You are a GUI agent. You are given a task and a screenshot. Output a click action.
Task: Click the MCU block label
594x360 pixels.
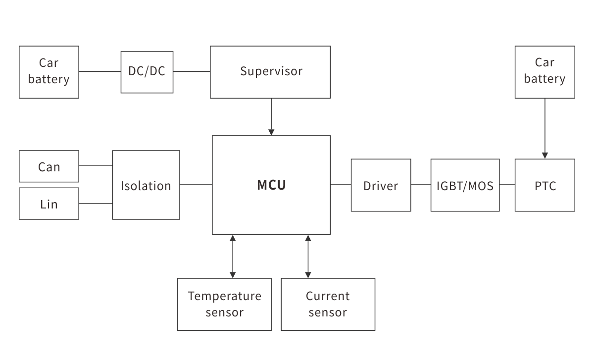[271, 185]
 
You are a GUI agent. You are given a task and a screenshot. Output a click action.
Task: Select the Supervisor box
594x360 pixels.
[270, 72]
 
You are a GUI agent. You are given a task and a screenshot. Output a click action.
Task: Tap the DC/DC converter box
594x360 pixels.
[147, 72]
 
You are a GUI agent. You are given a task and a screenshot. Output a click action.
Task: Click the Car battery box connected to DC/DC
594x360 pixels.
[49, 72]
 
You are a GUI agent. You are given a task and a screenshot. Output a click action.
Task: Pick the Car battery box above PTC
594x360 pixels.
[544, 72]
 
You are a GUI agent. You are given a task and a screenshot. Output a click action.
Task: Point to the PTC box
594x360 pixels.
[544, 185]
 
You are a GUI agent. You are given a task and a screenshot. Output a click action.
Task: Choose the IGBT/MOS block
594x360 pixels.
[465, 185]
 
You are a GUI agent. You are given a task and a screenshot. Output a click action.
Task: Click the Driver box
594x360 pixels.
[381, 185]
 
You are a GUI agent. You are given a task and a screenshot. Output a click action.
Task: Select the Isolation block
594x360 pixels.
[146, 185]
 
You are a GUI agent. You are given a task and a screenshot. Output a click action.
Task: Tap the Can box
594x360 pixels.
[49, 167]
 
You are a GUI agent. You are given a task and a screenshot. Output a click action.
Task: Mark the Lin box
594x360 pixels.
[49, 204]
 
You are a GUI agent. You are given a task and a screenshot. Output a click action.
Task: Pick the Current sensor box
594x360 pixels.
[328, 304]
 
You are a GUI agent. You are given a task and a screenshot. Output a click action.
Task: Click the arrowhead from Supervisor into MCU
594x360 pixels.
[271, 132]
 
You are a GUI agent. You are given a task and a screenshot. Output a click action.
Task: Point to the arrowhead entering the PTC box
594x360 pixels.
[545, 155]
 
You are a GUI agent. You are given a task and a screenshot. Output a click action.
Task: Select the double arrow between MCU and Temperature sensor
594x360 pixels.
[233, 256]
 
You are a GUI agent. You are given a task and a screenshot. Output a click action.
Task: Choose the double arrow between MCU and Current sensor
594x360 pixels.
[308, 256]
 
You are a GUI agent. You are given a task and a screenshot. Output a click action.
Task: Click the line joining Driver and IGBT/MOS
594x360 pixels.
[421, 185]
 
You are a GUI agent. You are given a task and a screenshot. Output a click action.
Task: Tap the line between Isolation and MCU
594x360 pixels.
[196, 185]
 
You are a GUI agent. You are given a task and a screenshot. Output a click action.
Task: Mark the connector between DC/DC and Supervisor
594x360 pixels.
[192, 72]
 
